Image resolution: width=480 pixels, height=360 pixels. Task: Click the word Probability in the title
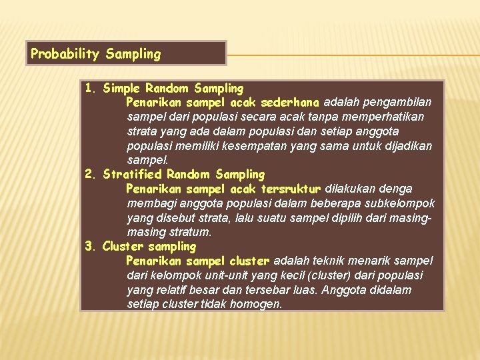65,54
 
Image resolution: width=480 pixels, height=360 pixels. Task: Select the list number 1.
91,88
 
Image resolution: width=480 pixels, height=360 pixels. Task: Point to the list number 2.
91,175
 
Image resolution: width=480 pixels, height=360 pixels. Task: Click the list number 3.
91,247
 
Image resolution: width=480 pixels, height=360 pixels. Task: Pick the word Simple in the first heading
123,88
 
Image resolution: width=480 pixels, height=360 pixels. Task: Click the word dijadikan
406,146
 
